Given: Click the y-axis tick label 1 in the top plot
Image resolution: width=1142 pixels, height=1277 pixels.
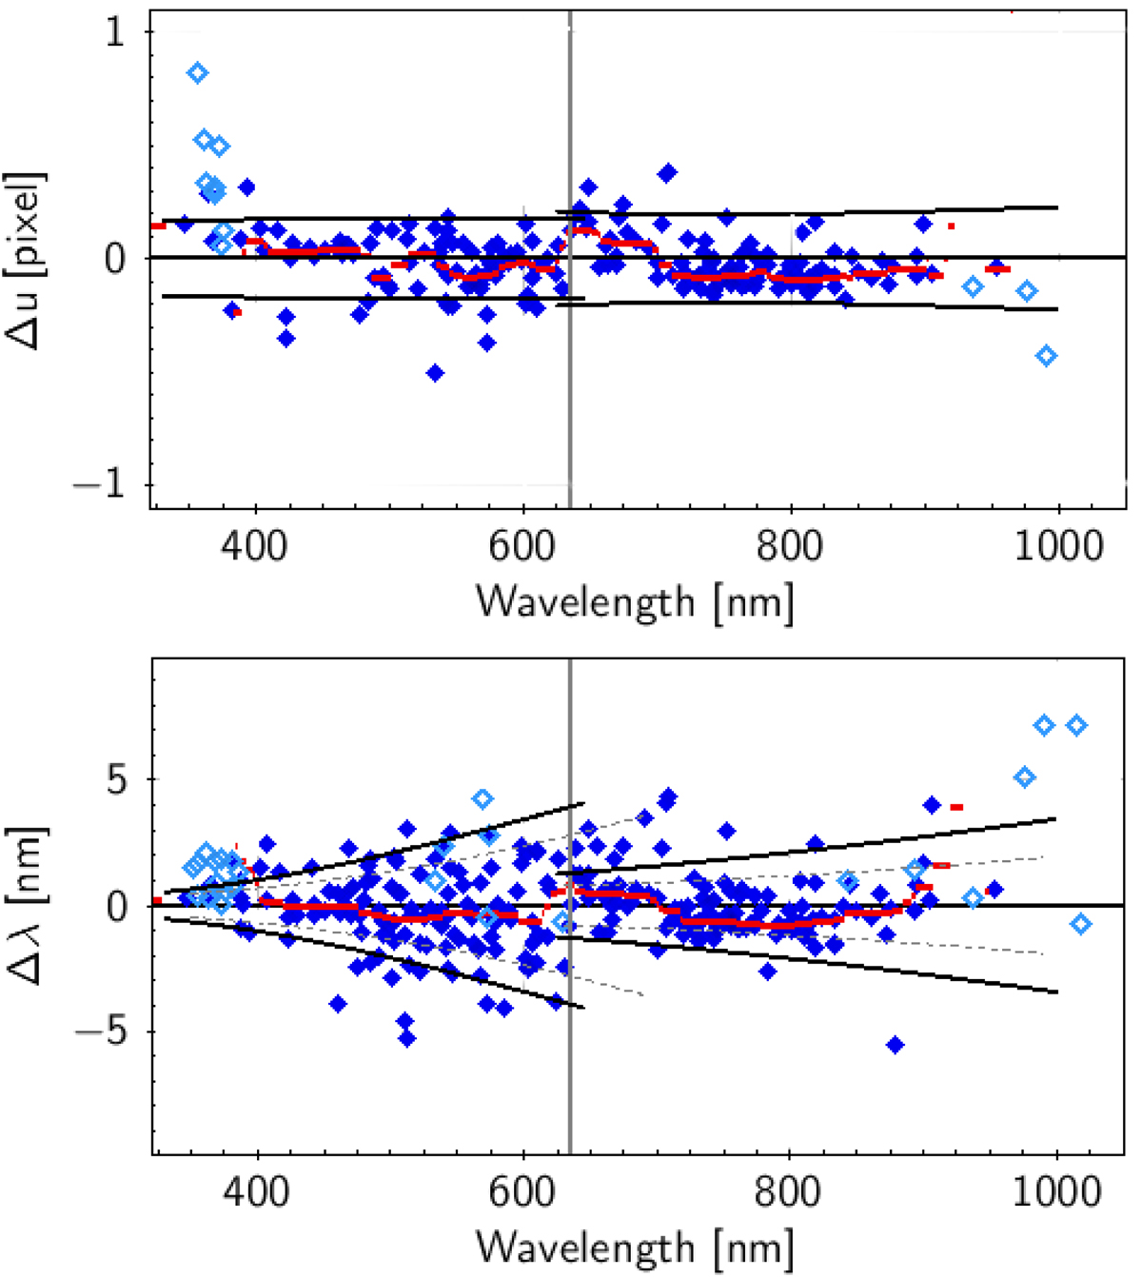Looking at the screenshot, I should click(x=114, y=33).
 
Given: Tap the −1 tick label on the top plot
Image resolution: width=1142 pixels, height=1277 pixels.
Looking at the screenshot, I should click(x=105, y=485).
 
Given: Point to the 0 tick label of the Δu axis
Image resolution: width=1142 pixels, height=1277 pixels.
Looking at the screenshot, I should click(x=114, y=259).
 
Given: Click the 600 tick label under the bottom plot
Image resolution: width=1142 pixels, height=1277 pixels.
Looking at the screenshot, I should click(x=524, y=1193).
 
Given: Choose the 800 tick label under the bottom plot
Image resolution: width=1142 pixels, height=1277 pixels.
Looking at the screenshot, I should click(x=791, y=1193).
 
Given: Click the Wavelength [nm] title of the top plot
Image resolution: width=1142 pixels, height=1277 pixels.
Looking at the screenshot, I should click(x=635, y=601).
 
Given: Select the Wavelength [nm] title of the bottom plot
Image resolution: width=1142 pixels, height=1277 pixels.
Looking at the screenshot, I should click(x=635, y=1247).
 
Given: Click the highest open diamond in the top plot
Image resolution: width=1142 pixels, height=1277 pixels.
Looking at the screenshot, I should click(x=197, y=73).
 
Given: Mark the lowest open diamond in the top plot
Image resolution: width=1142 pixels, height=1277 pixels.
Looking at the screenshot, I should click(x=1047, y=356).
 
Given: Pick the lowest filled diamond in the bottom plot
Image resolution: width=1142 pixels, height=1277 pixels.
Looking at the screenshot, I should click(x=895, y=1045).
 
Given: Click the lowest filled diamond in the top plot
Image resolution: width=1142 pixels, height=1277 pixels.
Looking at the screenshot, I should click(x=435, y=372).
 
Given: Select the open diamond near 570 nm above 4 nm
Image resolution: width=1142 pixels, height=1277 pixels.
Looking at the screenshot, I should click(x=483, y=798).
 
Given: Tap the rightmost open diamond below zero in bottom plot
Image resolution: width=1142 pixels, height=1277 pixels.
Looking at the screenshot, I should click(x=1081, y=924).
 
